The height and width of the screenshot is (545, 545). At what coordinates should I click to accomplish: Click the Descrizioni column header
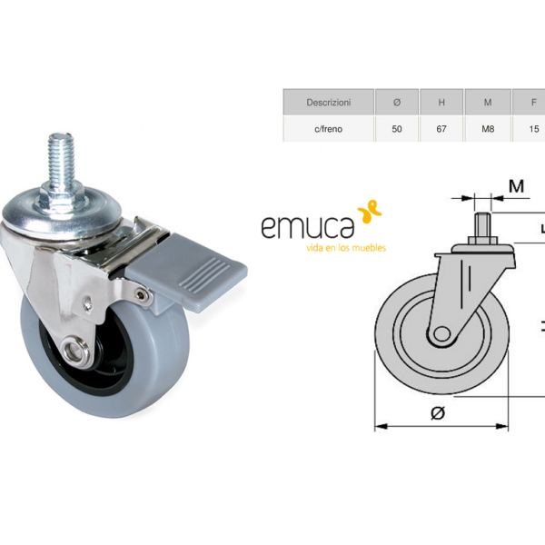click(x=329, y=102)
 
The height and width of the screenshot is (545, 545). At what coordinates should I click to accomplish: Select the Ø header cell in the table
click(x=397, y=102)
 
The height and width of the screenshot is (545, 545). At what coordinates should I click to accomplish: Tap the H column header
click(x=441, y=102)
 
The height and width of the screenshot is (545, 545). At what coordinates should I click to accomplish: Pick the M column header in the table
click(x=488, y=102)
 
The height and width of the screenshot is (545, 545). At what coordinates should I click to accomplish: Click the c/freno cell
click(x=329, y=129)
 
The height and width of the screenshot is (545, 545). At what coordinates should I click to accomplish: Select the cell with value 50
click(x=397, y=129)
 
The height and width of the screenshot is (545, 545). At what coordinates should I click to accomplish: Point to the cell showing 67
click(x=441, y=129)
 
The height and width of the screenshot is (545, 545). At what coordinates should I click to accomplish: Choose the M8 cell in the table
click(x=488, y=129)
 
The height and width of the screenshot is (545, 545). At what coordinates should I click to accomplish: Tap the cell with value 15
click(x=533, y=129)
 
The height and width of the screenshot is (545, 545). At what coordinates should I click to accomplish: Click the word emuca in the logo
click(x=308, y=227)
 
